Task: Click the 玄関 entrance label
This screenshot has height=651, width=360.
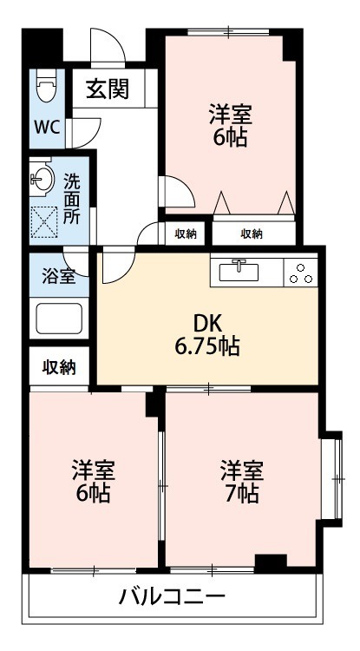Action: click(x=108, y=89)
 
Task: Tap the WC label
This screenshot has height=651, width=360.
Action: click(x=46, y=127)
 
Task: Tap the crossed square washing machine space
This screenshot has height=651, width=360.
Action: click(x=45, y=222)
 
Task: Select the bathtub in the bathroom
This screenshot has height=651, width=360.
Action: click(x=59, y=319)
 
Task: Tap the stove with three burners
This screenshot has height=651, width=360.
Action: click(x=300, y=272)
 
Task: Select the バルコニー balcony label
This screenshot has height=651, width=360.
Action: click(x=173, y=598)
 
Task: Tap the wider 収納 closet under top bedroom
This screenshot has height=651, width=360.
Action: click(x=252, y=233)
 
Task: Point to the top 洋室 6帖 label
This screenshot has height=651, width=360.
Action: click(x=229, y=126)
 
